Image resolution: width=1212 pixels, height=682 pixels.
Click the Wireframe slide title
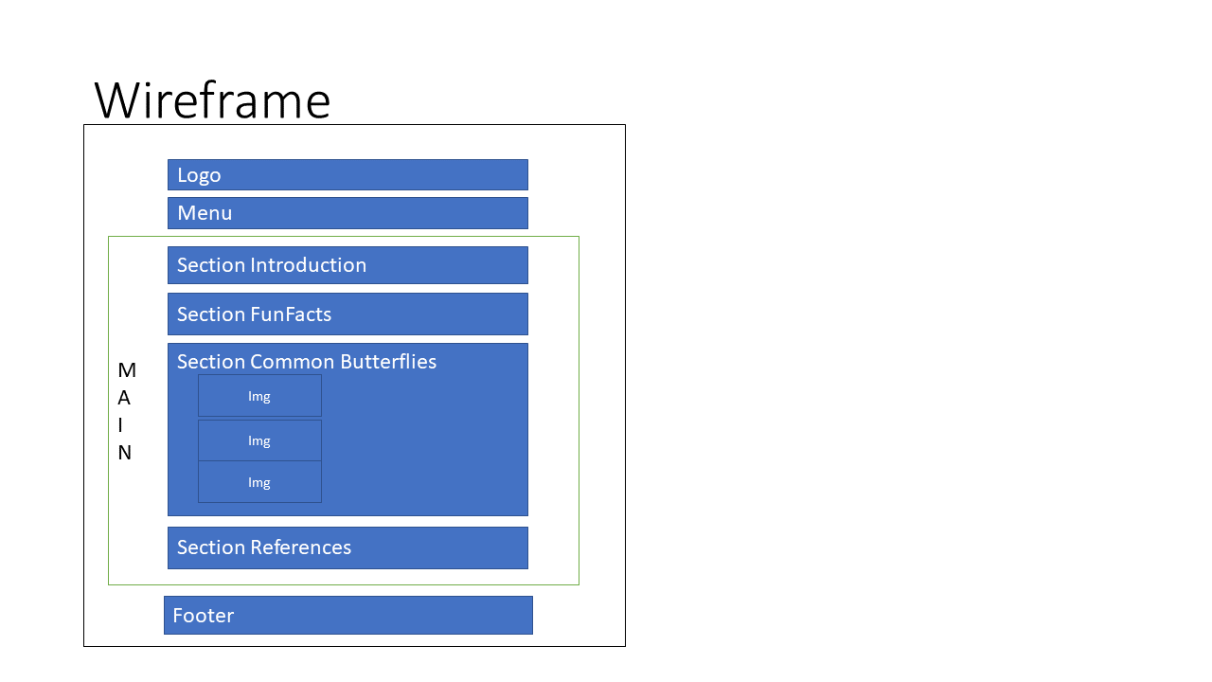[x=212, y=100]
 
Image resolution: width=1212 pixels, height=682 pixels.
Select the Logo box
[x=348, y=175]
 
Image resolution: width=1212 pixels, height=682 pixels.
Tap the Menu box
[x=348, y=213]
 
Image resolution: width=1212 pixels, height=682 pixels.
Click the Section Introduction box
[x=348, y=265]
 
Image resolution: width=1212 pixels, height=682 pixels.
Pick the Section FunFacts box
[x=348, y=314]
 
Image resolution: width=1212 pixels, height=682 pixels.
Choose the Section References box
[x=348, y=547]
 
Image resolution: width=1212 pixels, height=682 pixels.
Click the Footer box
[x=348, y=616]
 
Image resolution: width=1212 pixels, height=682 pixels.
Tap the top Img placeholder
[x=259, y=396]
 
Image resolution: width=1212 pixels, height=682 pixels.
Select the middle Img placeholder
[x=259, y=440]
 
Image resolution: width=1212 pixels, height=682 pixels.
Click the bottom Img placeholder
[x=259, y=482]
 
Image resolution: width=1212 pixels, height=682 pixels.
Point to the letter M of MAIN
[x=127, y=370]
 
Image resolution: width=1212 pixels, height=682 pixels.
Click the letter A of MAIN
[x=124, y=399]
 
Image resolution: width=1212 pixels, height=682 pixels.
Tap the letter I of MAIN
[x=120, y=425]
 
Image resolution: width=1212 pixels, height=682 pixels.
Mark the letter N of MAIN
[x=124, y=453]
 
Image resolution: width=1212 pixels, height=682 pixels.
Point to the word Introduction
[x=309, y=265]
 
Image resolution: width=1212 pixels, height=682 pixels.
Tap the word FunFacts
[x=291, y=314]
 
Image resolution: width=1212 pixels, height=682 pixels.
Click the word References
[x=301, y=547]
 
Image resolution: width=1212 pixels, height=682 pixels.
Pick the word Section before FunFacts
[x=211, y=314]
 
